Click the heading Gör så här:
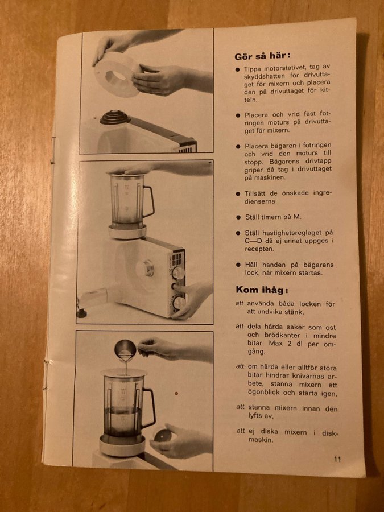262,56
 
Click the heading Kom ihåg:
262,290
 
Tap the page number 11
337,459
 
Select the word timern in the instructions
269,217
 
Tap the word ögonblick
264,393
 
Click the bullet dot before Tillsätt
238,193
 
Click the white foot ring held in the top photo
117,75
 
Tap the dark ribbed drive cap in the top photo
115,117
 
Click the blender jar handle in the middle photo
148,201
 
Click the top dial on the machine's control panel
178,273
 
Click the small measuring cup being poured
125,350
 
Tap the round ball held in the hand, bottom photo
163,435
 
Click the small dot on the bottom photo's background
176,393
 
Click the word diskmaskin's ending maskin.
261,440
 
